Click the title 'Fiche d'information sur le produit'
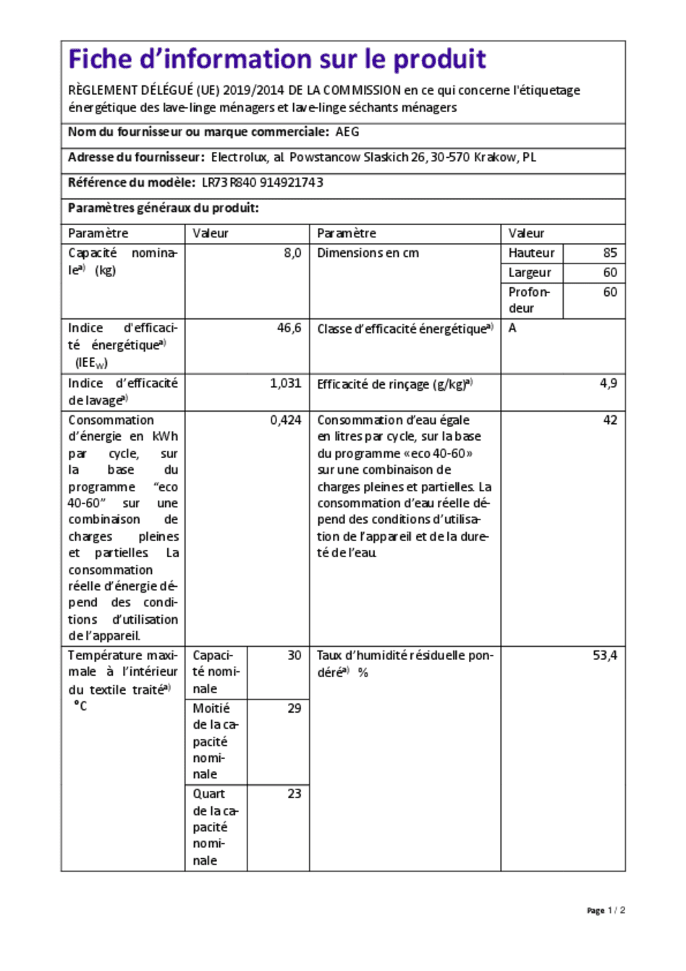coord(276,59)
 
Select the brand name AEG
coord(347,132)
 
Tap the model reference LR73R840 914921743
coord(262,183)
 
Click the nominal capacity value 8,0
coord(292,253)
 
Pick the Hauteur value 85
coord(610,253)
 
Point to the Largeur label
coord(530,273)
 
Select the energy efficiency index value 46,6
coord(289,328)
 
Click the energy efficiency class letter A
coord(512,328)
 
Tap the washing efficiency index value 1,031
coord(286,383)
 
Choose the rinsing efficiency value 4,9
coord(609,383)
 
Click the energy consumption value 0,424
coord(286,420)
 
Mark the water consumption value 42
coord(610,420)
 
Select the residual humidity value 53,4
coord(605,656)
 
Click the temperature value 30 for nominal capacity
coord(294,656)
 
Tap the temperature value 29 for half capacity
coord(294,708)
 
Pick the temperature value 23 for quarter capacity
coord(294,794)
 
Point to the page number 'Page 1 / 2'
coord(606,910)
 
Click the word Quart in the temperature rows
coord(209,794)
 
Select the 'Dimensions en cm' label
coord(368,253)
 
